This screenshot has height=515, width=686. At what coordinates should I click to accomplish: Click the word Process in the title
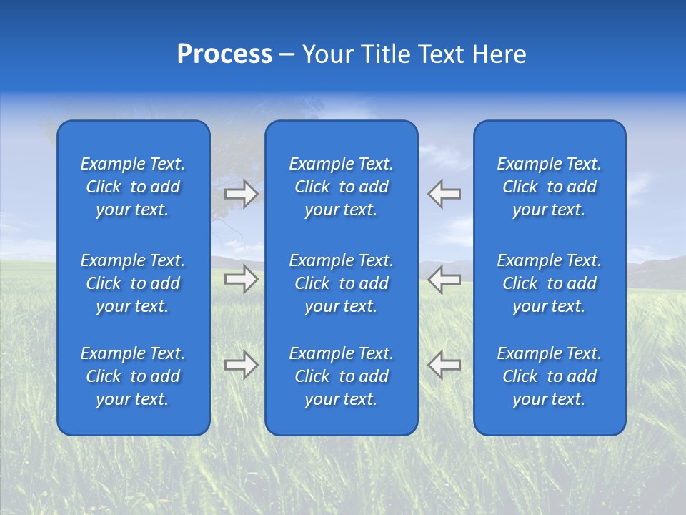[224, 54]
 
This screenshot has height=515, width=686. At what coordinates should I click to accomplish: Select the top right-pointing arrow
[242, 193]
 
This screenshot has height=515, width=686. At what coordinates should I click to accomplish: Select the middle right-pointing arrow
[242, 279]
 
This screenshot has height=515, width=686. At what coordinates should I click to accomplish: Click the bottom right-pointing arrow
[242, 365]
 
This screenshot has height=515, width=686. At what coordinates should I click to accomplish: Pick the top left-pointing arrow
[444, 193]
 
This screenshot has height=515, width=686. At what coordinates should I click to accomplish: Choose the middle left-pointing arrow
[444, 279]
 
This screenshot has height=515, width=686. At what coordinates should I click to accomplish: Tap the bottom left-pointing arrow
[444, 365]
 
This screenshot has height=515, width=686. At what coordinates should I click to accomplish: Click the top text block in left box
[133, 187]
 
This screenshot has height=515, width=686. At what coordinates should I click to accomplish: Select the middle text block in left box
[133, 283]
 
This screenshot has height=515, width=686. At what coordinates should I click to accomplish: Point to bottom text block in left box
[133, 376]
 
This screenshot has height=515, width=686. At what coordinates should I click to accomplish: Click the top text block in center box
[342, 187]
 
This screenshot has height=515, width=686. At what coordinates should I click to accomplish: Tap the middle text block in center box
[342, 283]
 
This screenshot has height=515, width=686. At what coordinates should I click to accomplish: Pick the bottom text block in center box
[342, 376]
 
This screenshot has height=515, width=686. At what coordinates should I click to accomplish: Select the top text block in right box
[550, 187]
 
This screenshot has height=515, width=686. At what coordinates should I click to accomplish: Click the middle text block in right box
[550, 283]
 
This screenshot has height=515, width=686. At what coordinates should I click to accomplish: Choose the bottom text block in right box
[550, 376]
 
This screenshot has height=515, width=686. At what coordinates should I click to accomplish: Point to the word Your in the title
[327, 54]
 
